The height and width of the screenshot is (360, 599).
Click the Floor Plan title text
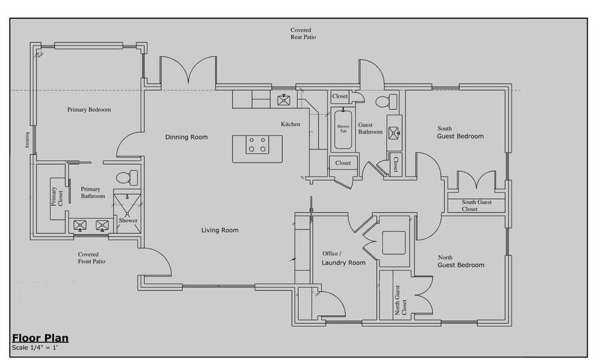coord(40,338)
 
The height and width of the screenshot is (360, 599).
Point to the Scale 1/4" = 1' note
coord(35,348)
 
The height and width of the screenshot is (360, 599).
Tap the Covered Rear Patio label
coord(303,34)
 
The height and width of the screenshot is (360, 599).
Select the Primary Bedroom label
coord(89,110)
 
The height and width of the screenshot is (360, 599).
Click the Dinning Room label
coord(186,137)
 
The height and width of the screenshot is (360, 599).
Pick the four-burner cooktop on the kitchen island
coord(257,145)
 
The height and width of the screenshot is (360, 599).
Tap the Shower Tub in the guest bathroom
coord(343,129)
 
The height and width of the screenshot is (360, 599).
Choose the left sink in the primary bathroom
coord(80,225)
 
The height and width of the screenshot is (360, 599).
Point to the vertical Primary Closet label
coord(57,197)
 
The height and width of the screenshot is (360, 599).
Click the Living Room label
coord(220,231)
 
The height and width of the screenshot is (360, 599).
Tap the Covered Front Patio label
coord(91,258)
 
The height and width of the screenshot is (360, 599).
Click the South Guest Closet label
coord(477,205)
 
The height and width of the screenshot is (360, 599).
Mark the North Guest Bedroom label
coord(460,261)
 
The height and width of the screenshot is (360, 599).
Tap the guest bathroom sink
coord(394,132)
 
